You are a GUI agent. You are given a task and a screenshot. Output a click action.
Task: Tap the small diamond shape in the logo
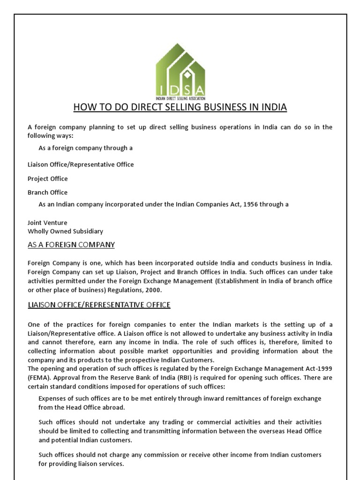coord(186,74)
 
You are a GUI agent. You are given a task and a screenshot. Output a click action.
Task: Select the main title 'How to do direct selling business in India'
coord(180,108)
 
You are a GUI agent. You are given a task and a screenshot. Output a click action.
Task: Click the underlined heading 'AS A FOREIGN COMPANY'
coord(71,245)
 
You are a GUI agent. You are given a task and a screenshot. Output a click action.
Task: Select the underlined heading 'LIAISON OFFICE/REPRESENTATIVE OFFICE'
coord(99,305)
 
